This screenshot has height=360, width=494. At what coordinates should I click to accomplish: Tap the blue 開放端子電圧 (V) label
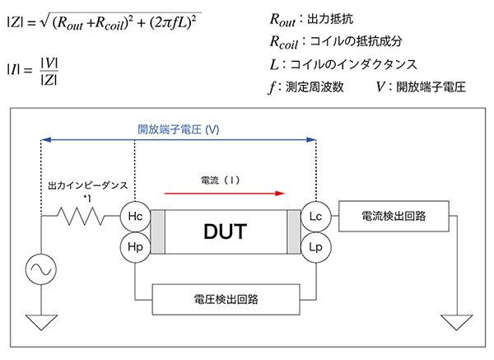(x=178, y=129)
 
